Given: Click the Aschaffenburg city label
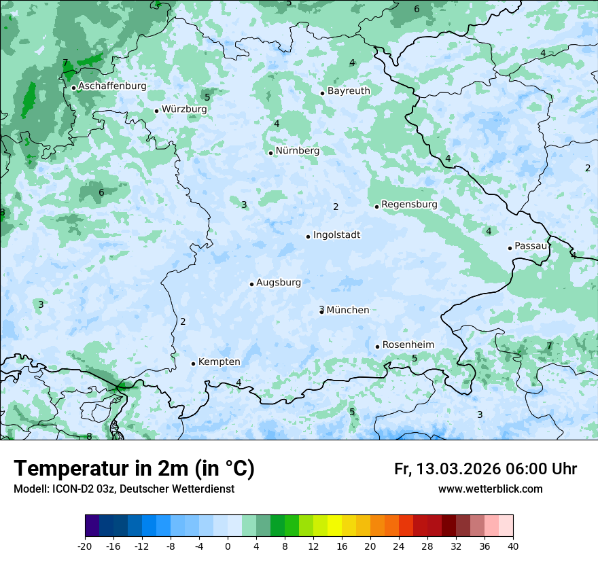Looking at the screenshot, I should coord(112,86).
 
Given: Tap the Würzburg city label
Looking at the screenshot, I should coord(184,109).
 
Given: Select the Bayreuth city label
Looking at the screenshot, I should coord(349,91).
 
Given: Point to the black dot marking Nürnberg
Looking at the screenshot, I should coord(270,153).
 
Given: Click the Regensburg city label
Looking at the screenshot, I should coord(409,205).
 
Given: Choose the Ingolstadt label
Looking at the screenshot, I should coord(336,235).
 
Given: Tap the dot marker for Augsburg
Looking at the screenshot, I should coord(251,284).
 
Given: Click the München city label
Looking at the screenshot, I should coord(348,311).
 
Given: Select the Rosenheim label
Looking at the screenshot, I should coord(408,345).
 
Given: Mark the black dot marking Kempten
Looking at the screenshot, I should coord(193,364).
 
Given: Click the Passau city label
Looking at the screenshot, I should coord(531,246).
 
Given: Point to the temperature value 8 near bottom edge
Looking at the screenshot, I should coord(89,436).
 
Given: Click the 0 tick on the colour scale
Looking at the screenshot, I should coord(228,546).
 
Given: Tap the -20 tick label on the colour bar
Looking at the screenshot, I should coord(85,546).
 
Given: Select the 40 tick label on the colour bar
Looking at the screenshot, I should coord(513,546).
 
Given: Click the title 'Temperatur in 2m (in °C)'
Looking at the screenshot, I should coord(134,469).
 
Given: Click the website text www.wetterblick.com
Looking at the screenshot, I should coord(490,489).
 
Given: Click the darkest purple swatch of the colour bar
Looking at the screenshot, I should coord(92,526).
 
